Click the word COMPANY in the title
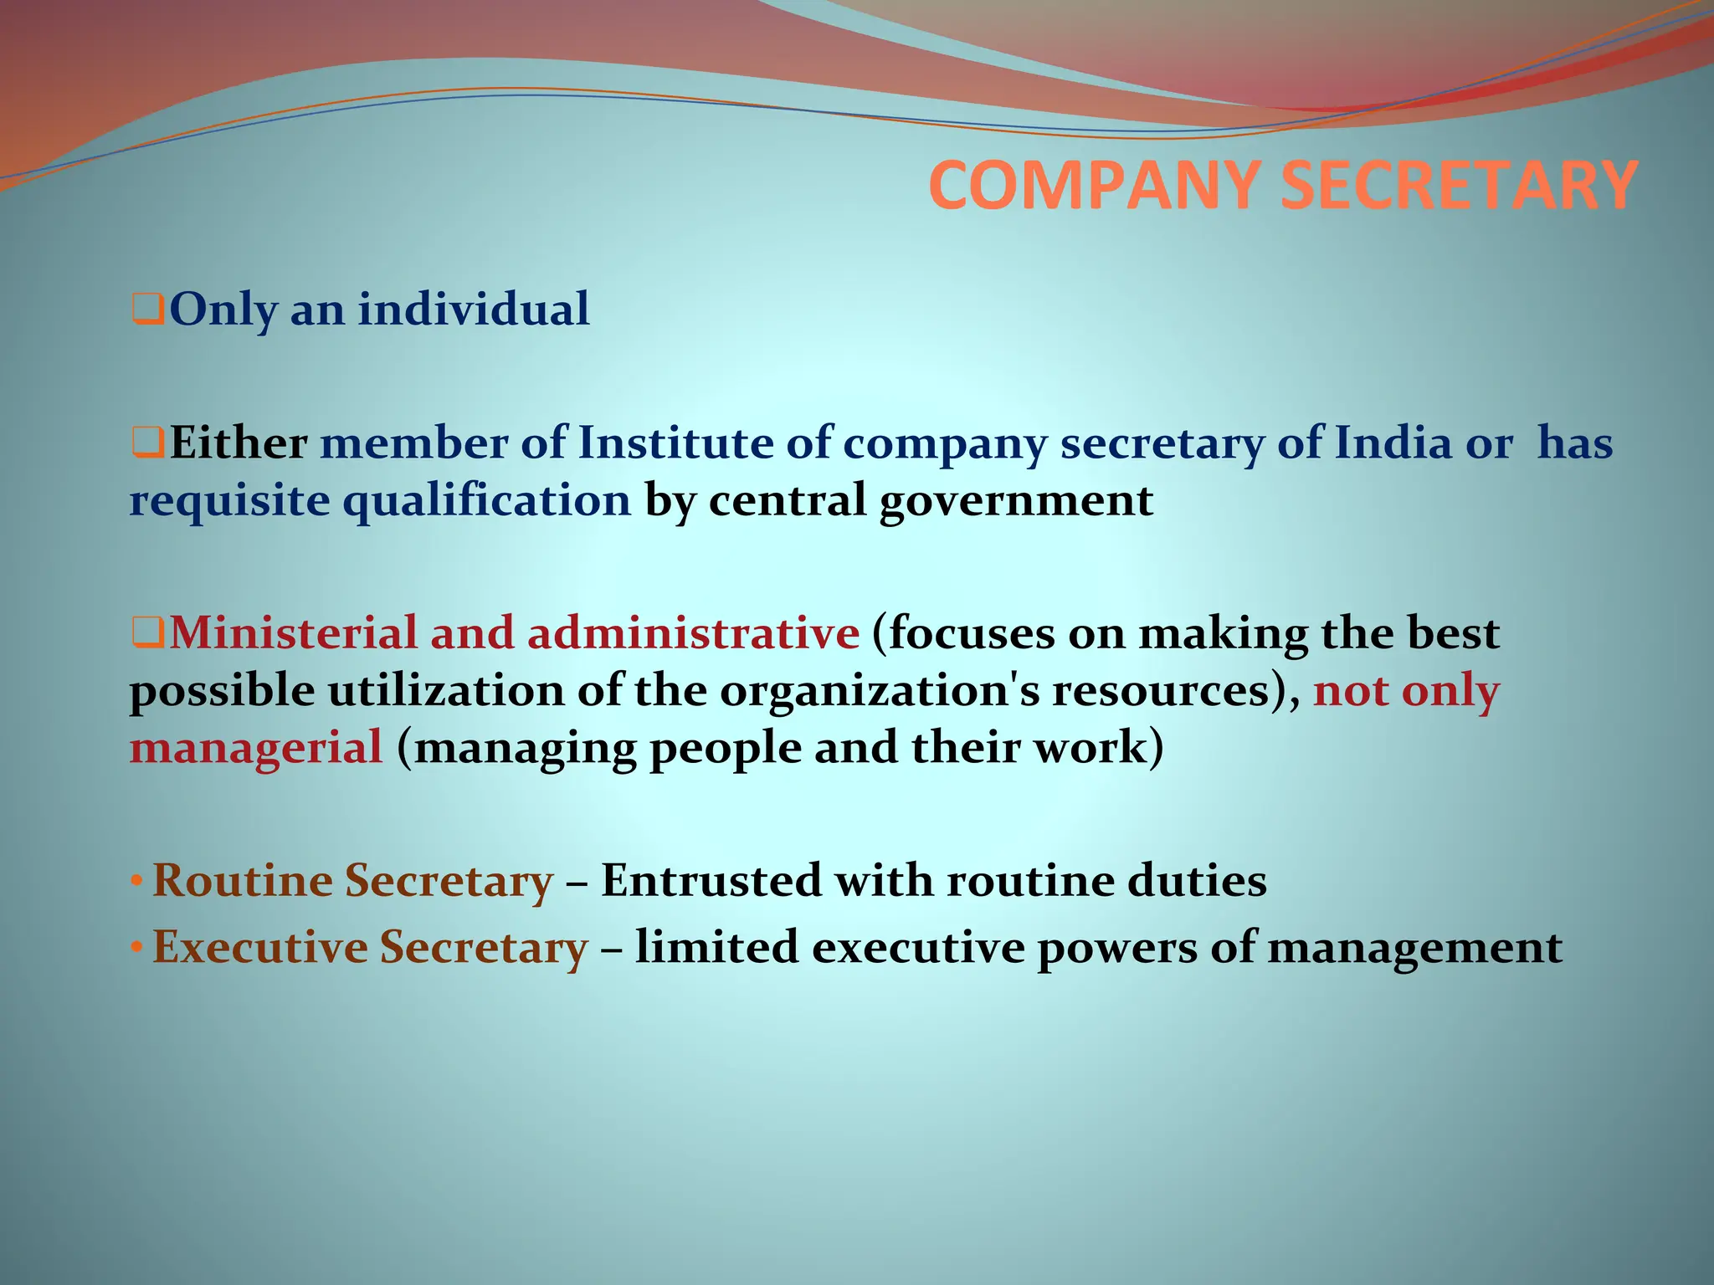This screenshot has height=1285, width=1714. click(x=1095, y=186)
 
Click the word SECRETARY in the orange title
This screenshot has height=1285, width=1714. click(x=1458, y=186)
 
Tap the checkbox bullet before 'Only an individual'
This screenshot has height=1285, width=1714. click(x=147, y=310)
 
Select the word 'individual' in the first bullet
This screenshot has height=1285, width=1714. click(x=474, y=309)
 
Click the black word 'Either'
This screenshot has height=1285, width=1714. click(x=239, y=443)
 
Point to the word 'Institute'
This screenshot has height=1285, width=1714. click(x=675, y=443)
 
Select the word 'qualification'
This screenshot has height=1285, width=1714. click(x=487, y=501)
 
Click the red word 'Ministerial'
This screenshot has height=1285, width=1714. click(x=293, y=632)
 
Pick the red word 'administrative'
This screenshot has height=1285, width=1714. click(x=693, y=632)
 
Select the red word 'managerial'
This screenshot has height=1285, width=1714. click(x=256, y=748)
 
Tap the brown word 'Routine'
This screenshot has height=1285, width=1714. click(x=242, y=881)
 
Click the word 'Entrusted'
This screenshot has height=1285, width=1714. click(x=711, y=881)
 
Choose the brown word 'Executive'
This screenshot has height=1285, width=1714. click(x=259, y=948)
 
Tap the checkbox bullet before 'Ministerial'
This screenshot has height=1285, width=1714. click(x=147, y=633)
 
